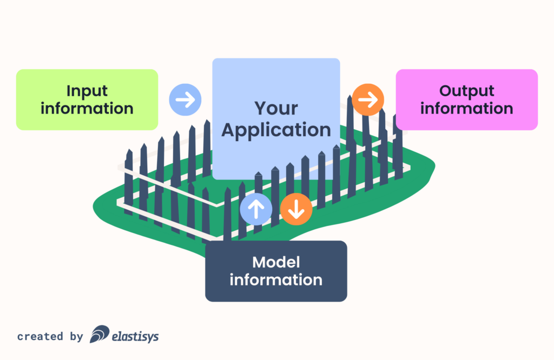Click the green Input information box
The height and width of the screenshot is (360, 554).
click(x=87, y=99)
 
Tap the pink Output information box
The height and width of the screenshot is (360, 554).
click(x=466, y=99)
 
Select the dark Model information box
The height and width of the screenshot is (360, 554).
click(x=276, y=271)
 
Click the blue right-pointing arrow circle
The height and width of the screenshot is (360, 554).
click(x=185, y=99)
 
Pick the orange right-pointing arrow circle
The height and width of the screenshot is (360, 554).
click(x=368, y=99)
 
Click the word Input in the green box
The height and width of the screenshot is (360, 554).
click(x=87, y=91)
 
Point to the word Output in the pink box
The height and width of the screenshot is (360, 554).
click(x=466, y=91)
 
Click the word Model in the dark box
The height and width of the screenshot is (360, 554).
click(x=276, y=263)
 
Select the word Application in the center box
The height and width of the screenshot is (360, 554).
click(x=276, y=130)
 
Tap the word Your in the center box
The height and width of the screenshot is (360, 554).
click(x=276, y=108)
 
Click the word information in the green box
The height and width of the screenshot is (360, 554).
click(x=87, y=108)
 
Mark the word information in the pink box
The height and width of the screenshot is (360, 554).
click(x=466, y=108)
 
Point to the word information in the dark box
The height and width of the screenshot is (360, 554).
click(x=276, y=280)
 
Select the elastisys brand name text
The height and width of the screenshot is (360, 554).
click(x=135, y=337)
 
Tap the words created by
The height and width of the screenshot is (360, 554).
click(x=50, y=337)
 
